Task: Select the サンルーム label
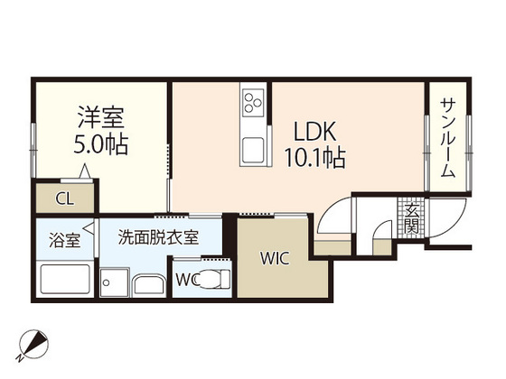(x=447, y=137)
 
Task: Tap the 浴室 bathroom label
(x=63, y=241)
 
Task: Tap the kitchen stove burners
(x=253, y=105)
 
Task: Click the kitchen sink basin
(x=254, y=147)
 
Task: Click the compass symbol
(x=33, y=343)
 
